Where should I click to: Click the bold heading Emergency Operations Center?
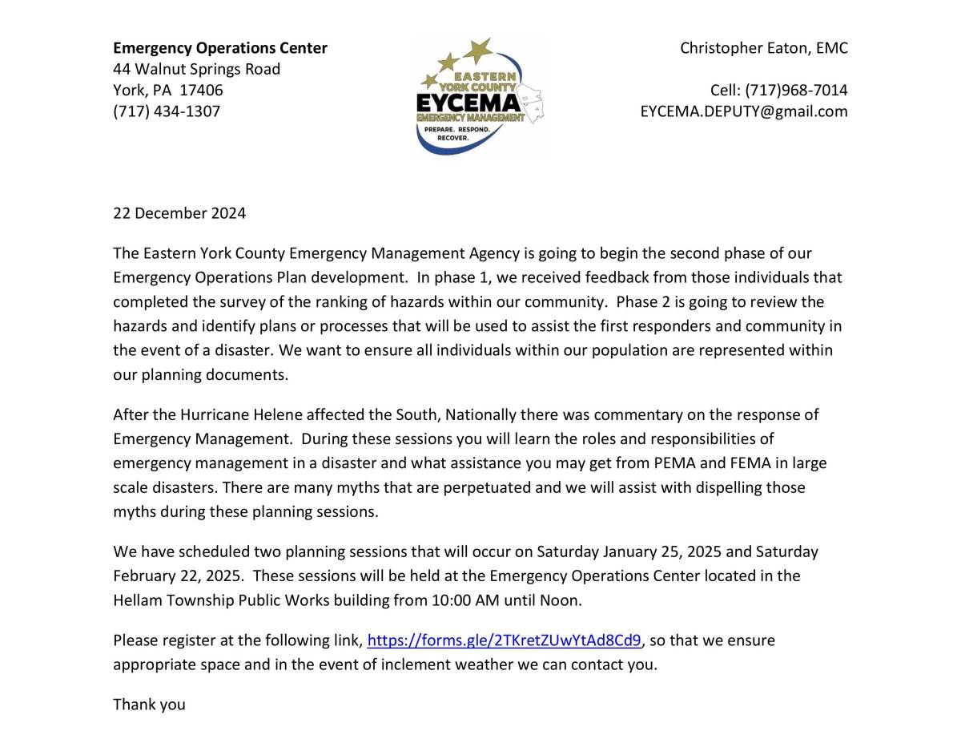220,48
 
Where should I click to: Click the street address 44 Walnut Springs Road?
196,69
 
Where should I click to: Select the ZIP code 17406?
201,90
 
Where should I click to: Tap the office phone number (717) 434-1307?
167,111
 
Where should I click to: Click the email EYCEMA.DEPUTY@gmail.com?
744,111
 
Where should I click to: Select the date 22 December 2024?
179,213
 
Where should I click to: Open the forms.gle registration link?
505,640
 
